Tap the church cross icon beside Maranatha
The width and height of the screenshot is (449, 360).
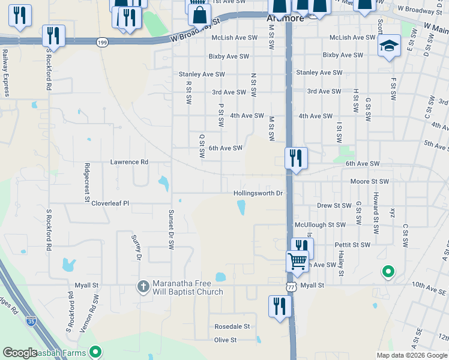coord(143,287)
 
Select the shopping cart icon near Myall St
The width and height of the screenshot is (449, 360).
coord(297,262)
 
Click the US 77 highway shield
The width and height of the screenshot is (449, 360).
coord(291,287)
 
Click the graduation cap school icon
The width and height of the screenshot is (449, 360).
coord(389,46)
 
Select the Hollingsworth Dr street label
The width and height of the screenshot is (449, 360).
coord(258,193)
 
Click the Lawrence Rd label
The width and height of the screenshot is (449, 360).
coord(129,162)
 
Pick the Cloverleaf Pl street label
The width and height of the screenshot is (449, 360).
coord(110,203)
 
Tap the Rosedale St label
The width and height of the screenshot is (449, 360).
coord(232,327)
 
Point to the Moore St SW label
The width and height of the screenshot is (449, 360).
coord(370,181)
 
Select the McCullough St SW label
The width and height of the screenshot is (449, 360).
coord(320,224)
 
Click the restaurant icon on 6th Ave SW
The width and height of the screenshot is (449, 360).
coord(295,158)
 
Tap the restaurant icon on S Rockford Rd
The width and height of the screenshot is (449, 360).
coord(54,36)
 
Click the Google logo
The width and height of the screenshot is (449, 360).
coord(20,353)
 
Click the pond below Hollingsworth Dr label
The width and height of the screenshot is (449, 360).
coord(242,208)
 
